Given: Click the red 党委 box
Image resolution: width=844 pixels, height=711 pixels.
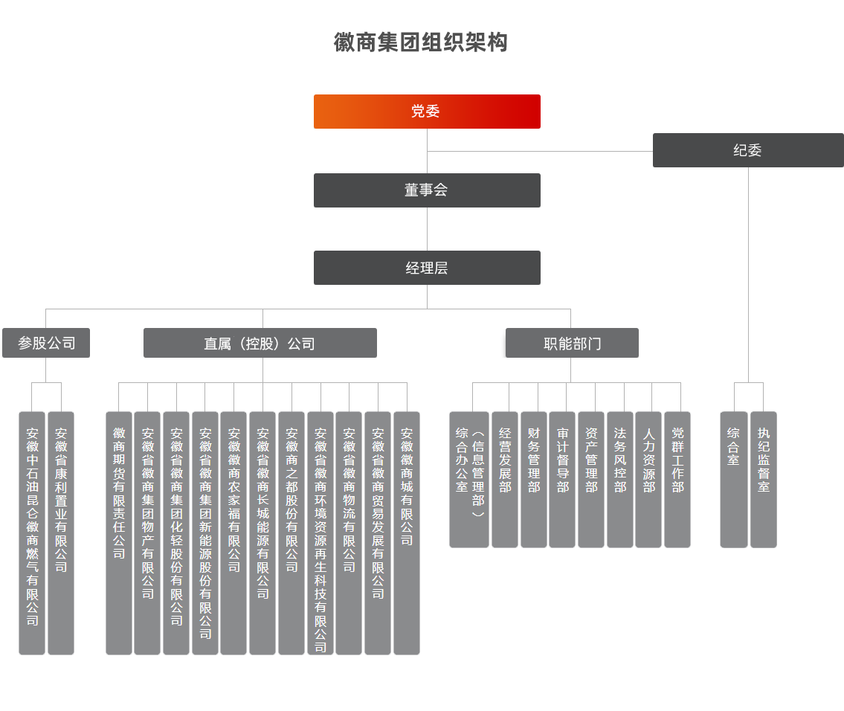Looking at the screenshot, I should pyautogui.click(x=427, y=112).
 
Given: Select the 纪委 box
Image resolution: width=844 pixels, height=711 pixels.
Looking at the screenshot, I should pyautogui.click(x=748, y=150).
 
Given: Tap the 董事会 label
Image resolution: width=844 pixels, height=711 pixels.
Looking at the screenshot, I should pyautogui.click(x=426, y=190).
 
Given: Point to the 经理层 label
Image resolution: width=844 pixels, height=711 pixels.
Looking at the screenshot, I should pyautogui.click(x=427, y=268).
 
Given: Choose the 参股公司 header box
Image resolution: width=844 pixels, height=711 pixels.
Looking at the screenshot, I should pyautogui.click(x=46, y=344).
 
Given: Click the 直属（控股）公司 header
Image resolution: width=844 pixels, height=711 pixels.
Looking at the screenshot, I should pyautogui.click(x=260, y=344).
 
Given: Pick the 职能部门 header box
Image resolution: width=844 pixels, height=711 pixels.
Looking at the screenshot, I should pyautogui.click(x=571, y=344).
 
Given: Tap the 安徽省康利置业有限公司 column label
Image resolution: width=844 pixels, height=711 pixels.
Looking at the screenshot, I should pyautogui.click(x=61, y=499).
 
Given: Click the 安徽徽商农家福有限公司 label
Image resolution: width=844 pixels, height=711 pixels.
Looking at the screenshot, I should pyautogui.click(x=234, y=499).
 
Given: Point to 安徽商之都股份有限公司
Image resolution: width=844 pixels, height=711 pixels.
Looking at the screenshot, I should pyautogui.click(x=291, y=499).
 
